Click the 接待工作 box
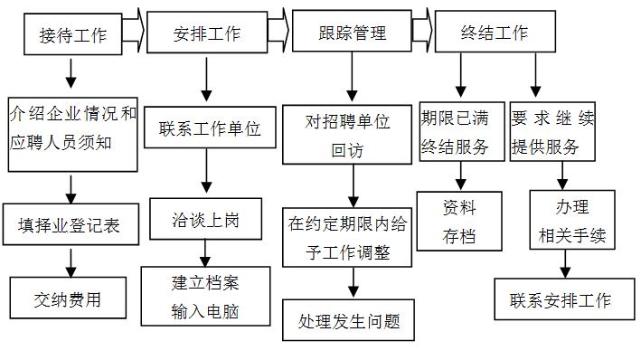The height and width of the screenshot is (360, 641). pyautogui.click(x=72, y=35)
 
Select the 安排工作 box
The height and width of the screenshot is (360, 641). pyautogui.click(x=207, y=34)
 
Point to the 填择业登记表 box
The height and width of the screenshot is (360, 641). pyautogui.click(x=73, y=225)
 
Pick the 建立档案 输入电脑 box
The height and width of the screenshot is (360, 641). pyautogui.click(x=206, y=296)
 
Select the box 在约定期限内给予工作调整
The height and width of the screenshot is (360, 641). pyautogui.click(x=348, y=237)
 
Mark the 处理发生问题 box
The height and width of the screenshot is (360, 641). pyautogui.click(x=348, y=320)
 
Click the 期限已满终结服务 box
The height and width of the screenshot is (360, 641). pyautogui.click(x=461, y=132)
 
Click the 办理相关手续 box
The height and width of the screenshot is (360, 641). pyautogui.click(x=571, y=221)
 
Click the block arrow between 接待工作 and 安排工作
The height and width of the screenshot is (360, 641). pyautogui.click(x=133, y=34)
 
